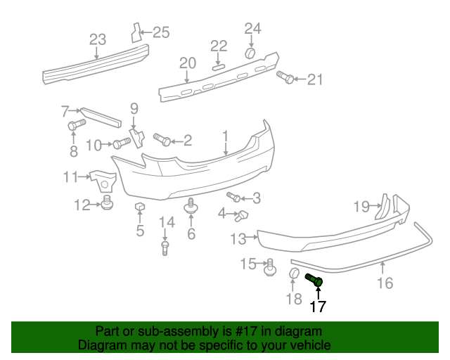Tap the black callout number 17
click(318, 306)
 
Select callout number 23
click(98, 39)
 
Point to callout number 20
click(186, 63)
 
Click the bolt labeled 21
click(285, 77)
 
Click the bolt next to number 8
click(75, 125)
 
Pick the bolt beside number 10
click(122, 145)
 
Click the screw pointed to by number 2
click(161, 139)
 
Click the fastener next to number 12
click(107, 204)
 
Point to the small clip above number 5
click(139, 206)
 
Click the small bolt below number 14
click(165, 247)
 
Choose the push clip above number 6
click(191, 206)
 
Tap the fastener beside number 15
click(269, 266)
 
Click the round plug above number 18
click(295, 274)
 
